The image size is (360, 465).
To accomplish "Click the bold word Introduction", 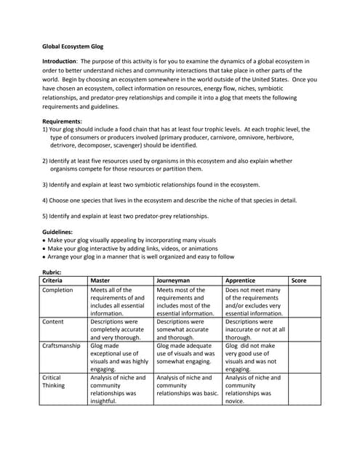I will [61, 62].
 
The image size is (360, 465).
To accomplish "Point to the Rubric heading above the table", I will [53, 272].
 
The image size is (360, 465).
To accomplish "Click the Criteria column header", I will [53, 280].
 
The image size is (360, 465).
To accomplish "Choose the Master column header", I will [100, 280].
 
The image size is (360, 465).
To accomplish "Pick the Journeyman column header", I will [175, 280].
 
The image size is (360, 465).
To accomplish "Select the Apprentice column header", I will [241, 280].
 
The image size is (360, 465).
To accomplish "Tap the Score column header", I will [299, 280].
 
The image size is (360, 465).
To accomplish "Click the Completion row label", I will [58, 290].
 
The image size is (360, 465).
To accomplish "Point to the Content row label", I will [55, 322].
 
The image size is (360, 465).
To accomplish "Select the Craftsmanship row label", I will [62, 346].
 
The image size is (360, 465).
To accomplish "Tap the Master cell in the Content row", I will [117, 330].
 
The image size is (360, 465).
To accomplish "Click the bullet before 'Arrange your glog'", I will [45, 256].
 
